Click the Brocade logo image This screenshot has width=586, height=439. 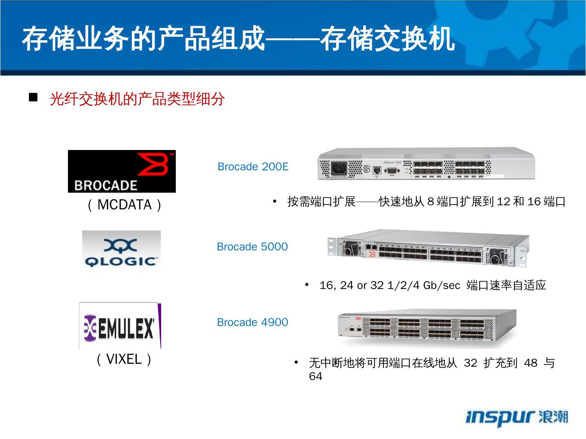click(x=122, y=171)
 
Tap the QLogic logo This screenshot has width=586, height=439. click(x=121, y=249)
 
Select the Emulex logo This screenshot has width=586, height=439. click(x=120, y=326)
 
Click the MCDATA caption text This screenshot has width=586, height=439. click(x=125, y=204)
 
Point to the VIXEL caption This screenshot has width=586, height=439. click(x=125, y=359)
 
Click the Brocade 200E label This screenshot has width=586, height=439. click(x=253, y=167)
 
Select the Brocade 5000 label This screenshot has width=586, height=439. click(x=252, y=247)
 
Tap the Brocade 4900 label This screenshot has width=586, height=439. click(x=252, y=322)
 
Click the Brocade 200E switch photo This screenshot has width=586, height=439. click(x=426, y=164)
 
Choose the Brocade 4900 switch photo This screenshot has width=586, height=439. click(x=426, y=328)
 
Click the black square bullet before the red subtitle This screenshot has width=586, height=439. click(x=33, y=98)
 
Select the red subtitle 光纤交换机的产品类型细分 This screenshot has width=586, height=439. click(x=137, y=99)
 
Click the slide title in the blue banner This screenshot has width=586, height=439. click(x=238, y=39)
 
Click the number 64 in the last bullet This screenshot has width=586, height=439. click(x=315, y=376)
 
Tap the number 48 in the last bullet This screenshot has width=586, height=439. click(x=531, y=363)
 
